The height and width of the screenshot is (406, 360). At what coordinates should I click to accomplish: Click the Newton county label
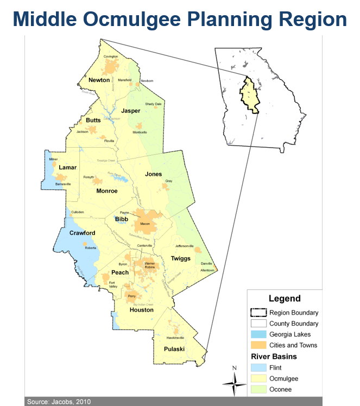click(x=99, y=80)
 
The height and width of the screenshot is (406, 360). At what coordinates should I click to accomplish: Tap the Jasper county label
click(x=131, y=111)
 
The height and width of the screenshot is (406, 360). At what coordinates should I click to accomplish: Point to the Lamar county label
click(x=68, y=168)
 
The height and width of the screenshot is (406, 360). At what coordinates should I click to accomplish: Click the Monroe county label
click(x=106, y=191)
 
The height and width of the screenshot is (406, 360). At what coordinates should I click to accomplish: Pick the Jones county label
click(x=153, y=174)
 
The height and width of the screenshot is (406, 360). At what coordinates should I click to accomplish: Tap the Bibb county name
click(x=122, y=219)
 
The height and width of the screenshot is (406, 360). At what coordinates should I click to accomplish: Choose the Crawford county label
click(x=82, y=233)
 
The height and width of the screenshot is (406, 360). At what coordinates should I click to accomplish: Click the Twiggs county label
click(x=180, y=258)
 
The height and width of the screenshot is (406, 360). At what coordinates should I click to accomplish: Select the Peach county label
click(x=119, y=272)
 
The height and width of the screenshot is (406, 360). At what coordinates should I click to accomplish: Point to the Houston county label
click(x=141, y=310)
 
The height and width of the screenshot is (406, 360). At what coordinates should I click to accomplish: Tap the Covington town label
click(x=110, y=56)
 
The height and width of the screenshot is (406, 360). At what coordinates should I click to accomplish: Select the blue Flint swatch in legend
click(x=258, y=367)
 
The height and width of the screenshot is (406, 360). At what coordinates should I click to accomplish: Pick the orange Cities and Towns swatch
click(x=258, y=345)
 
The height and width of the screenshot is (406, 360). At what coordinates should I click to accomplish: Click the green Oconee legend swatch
click(x=258, y=389)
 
